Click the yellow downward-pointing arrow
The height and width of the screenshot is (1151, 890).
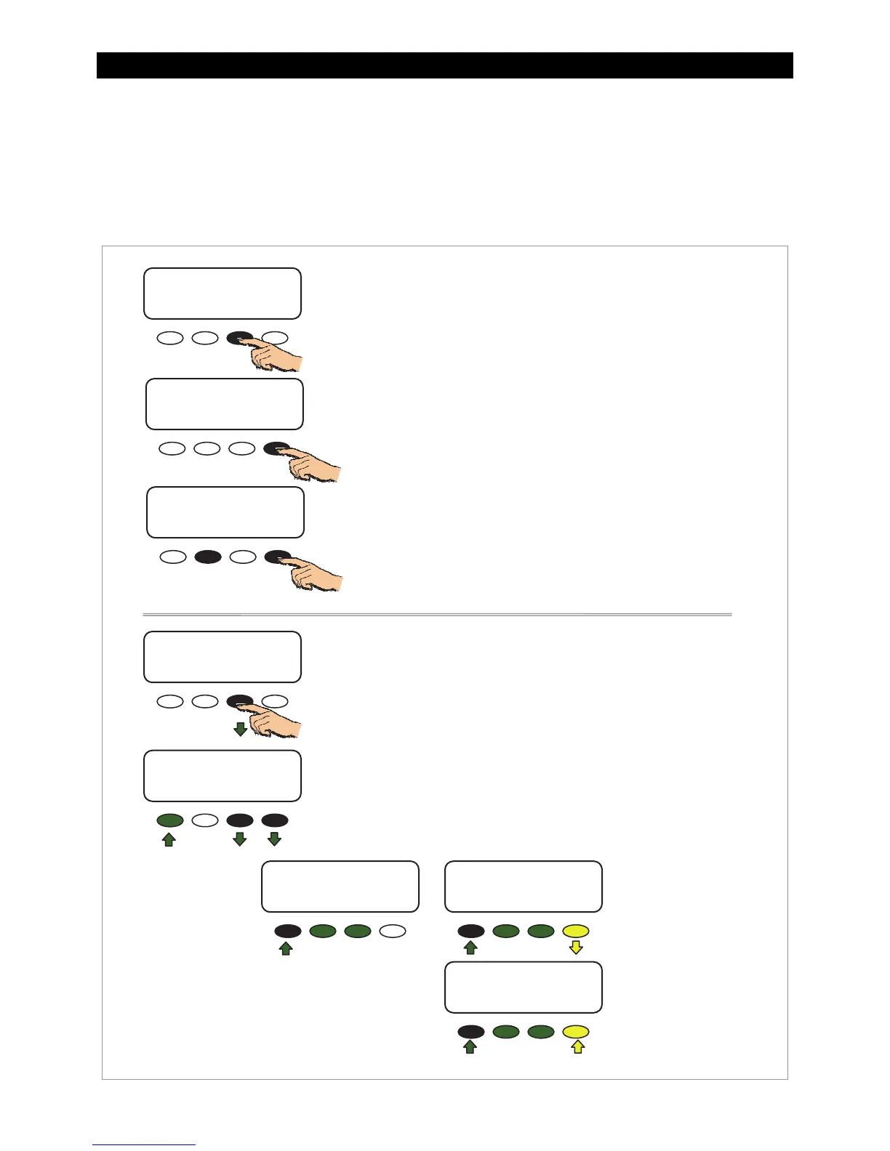[576, 948]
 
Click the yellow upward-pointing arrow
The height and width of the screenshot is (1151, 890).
[577, 1047]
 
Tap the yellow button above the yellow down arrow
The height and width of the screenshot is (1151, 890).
[576, 931]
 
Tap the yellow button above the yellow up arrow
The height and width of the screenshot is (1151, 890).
[576, 1031]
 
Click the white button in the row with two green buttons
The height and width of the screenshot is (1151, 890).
[393, 931]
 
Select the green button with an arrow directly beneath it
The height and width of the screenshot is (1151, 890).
[170, 820]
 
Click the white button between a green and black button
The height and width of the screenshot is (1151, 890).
[205, 820]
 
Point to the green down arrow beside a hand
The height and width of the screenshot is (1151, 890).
[240, 729]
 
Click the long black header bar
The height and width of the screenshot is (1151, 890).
[444, 65]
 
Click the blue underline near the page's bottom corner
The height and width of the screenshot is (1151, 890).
[144, 1144]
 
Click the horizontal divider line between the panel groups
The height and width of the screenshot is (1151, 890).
[437, 615]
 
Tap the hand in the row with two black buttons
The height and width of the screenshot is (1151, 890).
[316, 575]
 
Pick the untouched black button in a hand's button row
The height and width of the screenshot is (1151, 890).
[208, 557]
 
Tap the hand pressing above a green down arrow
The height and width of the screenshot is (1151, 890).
[276, 720]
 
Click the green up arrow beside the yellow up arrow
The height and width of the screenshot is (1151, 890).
[470, 1047]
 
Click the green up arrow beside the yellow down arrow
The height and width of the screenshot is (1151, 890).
[470, 948]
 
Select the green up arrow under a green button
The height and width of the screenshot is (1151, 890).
[169, 839]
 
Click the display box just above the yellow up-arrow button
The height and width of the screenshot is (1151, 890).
[523, 987]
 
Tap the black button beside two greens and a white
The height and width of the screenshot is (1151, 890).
[288, 931]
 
